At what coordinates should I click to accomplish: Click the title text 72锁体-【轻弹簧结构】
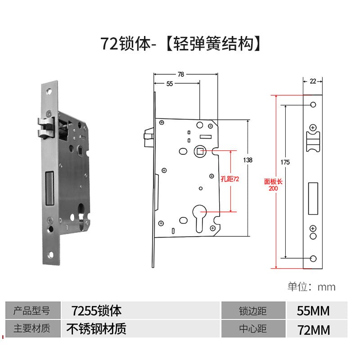click(180, 44)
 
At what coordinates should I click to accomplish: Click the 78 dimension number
click(181, 75)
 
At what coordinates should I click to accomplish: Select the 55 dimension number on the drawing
click(170, 83)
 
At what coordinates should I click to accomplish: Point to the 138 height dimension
click(247, 160)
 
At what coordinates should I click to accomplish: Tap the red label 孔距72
click(230, 179)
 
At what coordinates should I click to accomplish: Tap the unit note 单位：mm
click(311, 287)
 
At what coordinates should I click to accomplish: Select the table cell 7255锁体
click(97, 310)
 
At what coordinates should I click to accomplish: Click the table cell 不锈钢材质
click(97, 329)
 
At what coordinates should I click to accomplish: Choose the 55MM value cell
click(314, 311)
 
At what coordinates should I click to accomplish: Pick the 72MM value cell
click(314, 330)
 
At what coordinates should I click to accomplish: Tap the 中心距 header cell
click(253, 329)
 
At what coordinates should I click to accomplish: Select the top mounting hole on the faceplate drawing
click(313, 105)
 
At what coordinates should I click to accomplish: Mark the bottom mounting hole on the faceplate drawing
click(313, 258)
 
